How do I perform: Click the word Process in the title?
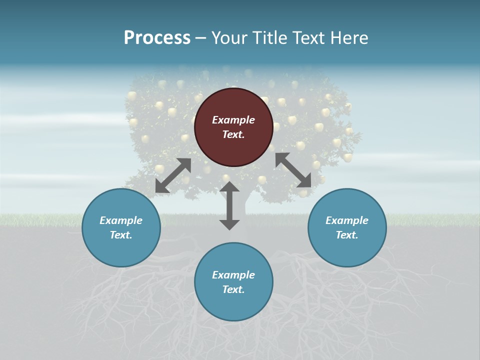[x=157, y=38]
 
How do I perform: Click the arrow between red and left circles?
[x=173, y=175]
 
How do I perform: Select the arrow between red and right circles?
[x=293, y=170]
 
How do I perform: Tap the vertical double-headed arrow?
[x=229, y=206]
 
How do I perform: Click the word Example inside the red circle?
[x=233, y=120]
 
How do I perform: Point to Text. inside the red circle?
[x=233, y=135]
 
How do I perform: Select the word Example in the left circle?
[x=121, y=220]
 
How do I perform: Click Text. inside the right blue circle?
[x=347, y=235]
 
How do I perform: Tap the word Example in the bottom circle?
[x=233, y=275]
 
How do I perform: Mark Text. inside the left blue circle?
[x=121, y=235]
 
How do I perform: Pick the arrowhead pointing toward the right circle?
[x=305, y=181]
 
